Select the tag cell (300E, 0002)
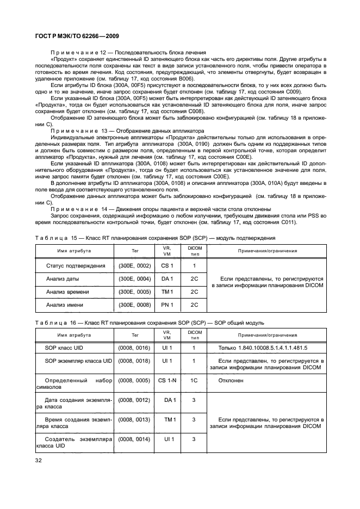(135, 265)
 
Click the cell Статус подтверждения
(76, 265)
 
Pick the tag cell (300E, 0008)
(135, 305)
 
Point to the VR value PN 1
(167, 305)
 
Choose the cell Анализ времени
(69, 292)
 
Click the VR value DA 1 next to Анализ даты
(167, 279)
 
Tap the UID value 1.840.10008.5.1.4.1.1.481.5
(262, 347)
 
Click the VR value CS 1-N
(167, 381)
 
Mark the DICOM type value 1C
(194, 381)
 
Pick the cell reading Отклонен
(231, 381)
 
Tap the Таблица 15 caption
(163, 238)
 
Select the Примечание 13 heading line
(127, 131)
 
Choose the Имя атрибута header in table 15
(74, 251)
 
